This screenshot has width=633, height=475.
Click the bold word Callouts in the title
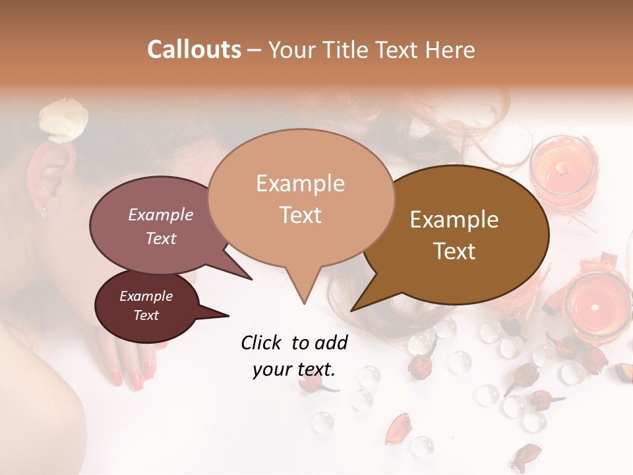[x=194, y=49]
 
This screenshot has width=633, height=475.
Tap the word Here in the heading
[x=450, y=49]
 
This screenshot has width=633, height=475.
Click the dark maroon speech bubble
[x=146, y=305]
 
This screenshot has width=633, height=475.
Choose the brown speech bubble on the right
[x=455, y=235]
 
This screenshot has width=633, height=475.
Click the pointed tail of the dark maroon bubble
[x=218, y=315]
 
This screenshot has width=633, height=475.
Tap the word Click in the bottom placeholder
[x=262, y=342]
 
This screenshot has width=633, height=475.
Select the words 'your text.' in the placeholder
[x=294, y=369]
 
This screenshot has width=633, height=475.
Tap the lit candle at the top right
[x=564, y=168]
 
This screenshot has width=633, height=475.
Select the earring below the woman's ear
[x=44, y=212]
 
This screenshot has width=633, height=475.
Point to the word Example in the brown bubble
[x=454, y=220]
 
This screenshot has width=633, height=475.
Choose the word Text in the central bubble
[x=301, y=215]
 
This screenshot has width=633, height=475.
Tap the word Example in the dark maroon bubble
[x=146, y=296]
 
